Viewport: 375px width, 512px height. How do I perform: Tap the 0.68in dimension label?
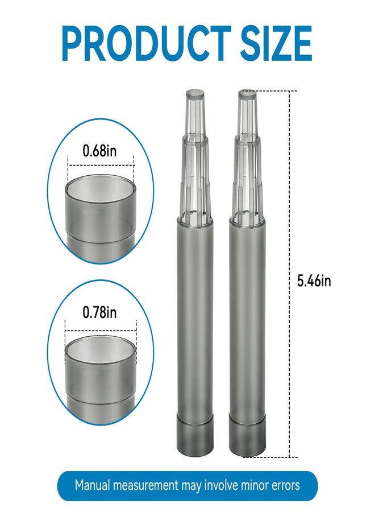click(99, 151)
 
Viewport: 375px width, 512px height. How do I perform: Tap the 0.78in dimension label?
click(99, 312)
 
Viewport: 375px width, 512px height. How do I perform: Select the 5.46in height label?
click(314, 281)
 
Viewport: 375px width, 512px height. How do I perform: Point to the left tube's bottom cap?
click(195, 435)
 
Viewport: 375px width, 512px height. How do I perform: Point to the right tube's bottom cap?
click(247, 435)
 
